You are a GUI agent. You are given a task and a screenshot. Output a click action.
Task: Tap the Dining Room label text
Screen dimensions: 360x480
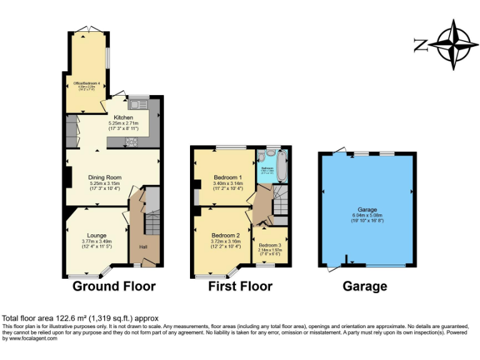coord(104,177)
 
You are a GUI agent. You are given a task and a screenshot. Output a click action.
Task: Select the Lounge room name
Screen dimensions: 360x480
coord(96,236)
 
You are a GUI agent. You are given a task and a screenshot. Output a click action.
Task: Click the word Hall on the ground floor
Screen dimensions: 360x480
coord(143,247)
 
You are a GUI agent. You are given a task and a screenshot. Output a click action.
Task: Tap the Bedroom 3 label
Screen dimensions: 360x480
coord(269,245)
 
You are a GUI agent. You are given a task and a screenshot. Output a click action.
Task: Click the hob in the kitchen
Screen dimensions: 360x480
coord(132,142)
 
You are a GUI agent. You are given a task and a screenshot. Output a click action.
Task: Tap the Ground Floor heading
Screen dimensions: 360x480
coord(114,286)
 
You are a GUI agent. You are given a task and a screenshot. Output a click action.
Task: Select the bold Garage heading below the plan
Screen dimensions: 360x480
coord(364,286)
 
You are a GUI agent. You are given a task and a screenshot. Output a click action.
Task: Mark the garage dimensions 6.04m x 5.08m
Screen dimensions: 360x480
coord(367,217)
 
